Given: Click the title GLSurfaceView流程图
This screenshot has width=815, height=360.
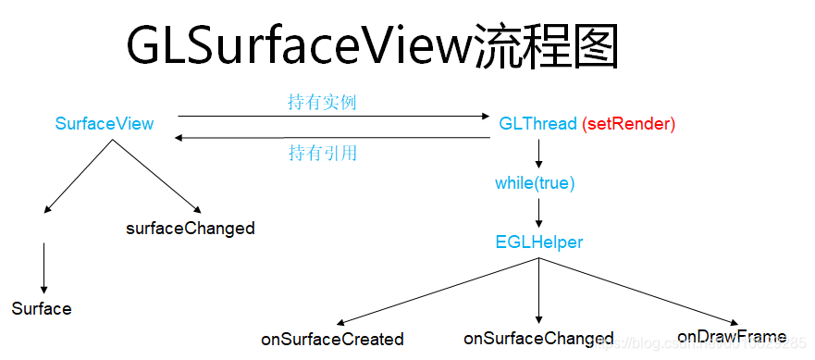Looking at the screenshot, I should pos(373,44).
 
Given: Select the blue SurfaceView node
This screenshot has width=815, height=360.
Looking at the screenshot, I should pos(105,124).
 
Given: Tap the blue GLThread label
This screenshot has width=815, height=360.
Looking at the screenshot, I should pos(537,124).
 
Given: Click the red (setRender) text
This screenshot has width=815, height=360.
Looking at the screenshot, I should pos(629,124).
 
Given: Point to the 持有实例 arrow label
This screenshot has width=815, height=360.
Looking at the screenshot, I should pos(321,103).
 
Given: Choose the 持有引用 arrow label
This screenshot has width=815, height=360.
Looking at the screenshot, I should pos(322,153).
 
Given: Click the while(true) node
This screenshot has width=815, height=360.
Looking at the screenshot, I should pos(535,183).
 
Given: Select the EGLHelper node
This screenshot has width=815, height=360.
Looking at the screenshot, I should pos(539,242).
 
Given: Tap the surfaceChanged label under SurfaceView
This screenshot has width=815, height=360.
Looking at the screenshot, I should pos(191,228).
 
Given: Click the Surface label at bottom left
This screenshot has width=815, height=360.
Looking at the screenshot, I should pos(42,308).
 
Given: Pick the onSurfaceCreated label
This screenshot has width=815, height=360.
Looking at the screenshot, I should pos(332,340).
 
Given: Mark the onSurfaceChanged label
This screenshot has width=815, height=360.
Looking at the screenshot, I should pos(538,339).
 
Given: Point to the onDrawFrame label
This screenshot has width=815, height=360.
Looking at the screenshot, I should pos(732,336).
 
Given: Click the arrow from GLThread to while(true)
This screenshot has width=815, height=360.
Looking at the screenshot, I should pos(538,153).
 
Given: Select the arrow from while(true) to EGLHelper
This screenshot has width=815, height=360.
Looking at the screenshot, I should pos(538,212).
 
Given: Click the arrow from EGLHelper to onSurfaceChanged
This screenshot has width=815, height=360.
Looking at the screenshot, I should pos(538,292).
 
